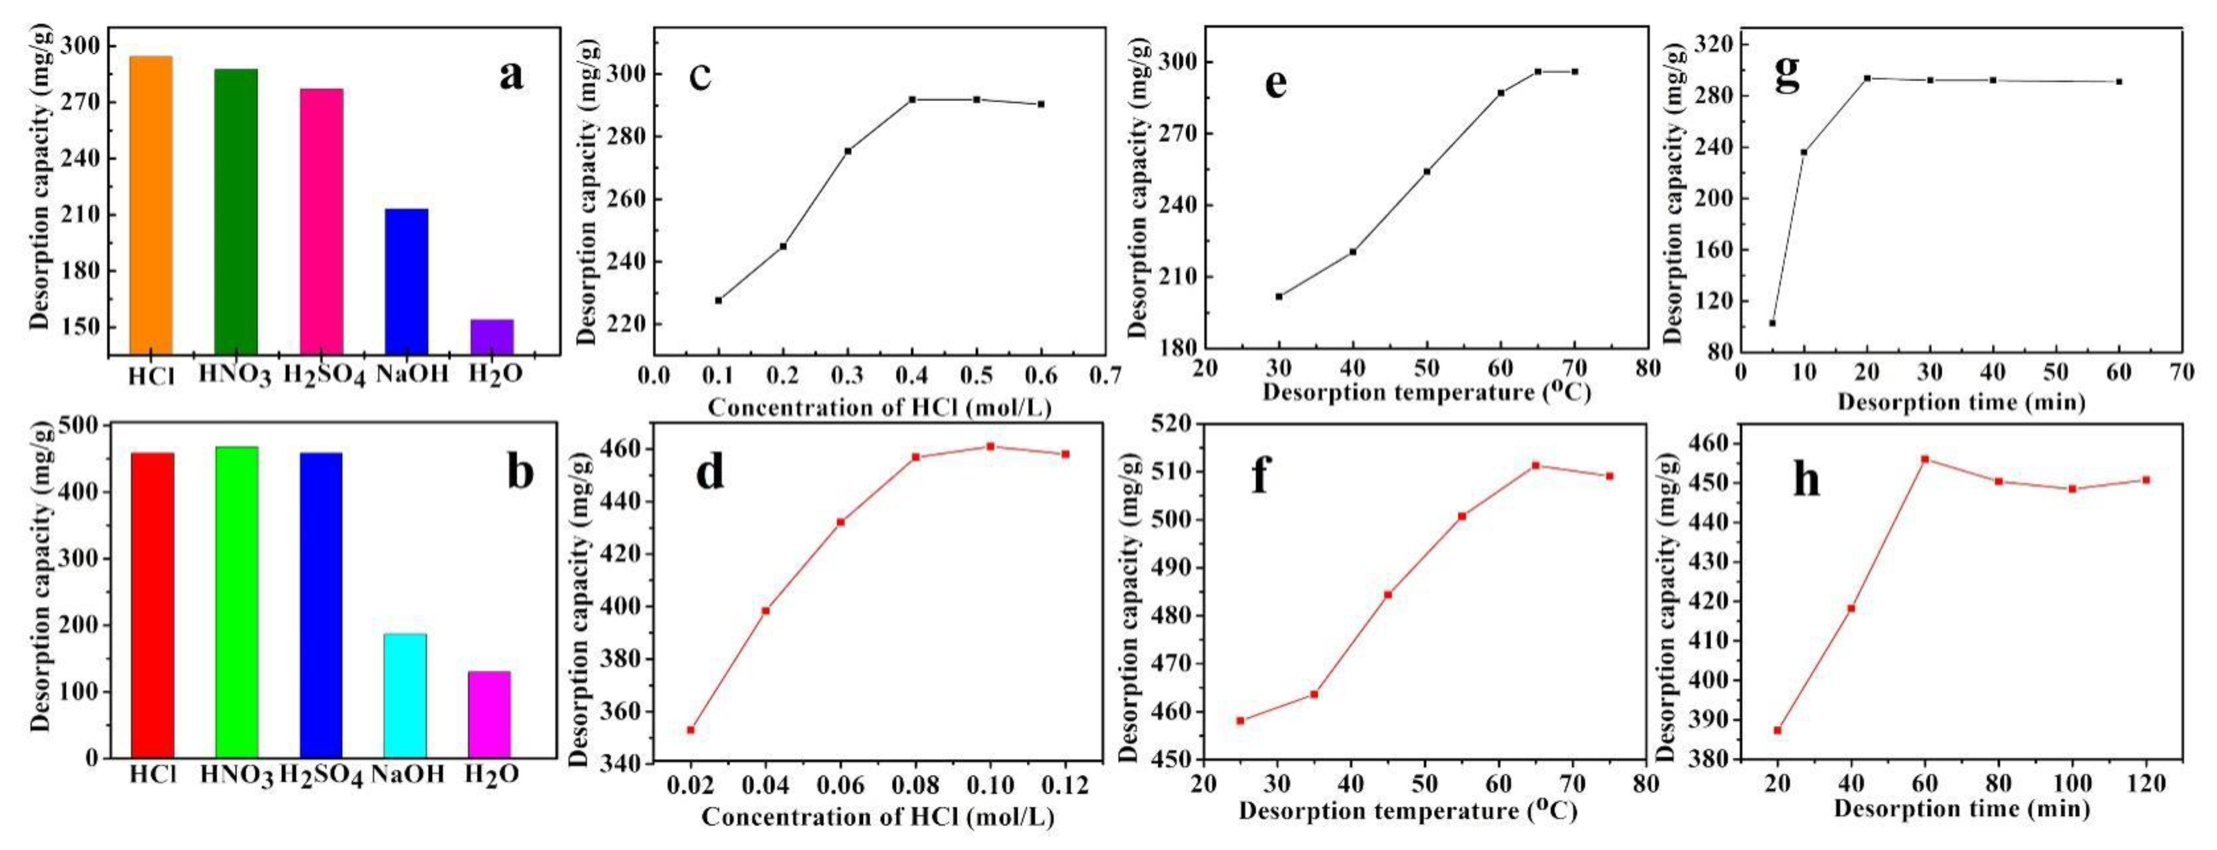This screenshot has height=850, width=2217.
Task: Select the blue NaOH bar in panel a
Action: pos(406,282)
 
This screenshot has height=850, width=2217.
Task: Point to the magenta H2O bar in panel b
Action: pos(489,714)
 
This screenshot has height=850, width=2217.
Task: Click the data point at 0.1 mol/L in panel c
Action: pos(718,300)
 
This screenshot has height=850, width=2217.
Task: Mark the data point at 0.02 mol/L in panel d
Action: pos(690,729)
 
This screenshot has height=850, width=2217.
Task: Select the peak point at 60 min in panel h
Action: pos(1925,458)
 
